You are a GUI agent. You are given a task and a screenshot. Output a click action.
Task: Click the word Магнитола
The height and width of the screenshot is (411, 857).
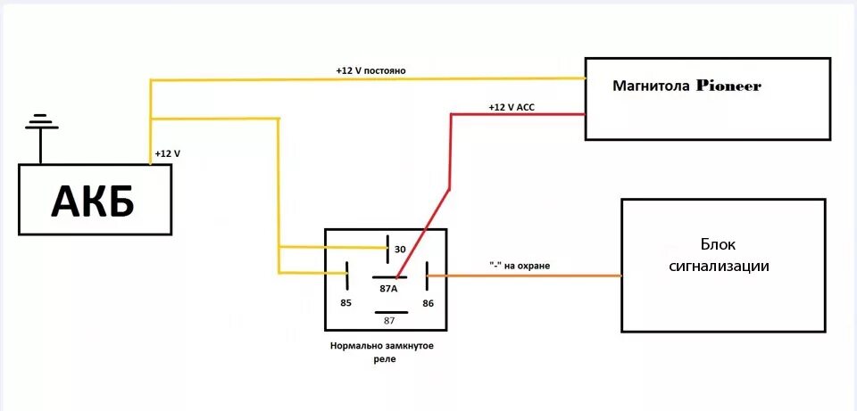coord(650,86)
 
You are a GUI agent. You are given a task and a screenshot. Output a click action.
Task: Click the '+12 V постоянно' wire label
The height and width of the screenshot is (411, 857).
coord(371,70)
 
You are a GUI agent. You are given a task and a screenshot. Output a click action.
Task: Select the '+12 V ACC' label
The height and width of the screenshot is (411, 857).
coord(512,107)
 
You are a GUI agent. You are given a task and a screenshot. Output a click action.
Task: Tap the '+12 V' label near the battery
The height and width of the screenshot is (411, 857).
coord(167,153)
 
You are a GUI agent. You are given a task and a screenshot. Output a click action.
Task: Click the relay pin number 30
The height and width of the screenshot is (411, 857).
coord(400,250)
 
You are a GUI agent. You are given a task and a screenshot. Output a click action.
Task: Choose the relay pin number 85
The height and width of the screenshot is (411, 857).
coord(346,303)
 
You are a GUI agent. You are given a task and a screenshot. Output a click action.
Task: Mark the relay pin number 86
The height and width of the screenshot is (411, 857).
coord(428,303)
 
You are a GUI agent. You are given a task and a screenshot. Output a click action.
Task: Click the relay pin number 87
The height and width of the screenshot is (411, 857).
coord(389,320)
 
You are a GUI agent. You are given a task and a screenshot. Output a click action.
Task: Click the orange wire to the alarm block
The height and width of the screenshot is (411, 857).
coord(536,275)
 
